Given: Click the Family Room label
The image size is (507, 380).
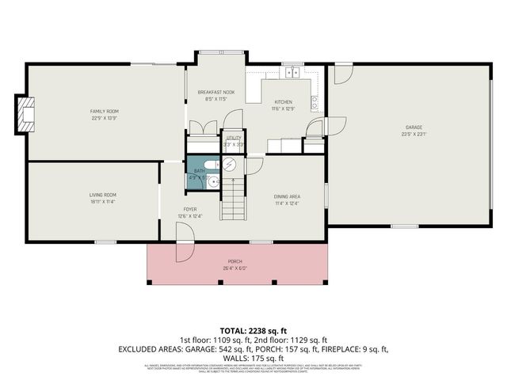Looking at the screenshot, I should pyautogui.click(x=104, y=111).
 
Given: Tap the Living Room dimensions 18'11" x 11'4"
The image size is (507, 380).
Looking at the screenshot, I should pyautogui.click(x=103, y=202).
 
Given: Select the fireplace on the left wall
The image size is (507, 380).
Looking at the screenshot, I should pyautogui.click(x=27, y=116).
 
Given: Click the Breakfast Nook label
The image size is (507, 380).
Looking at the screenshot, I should pyautogui.click(x=212, y=93).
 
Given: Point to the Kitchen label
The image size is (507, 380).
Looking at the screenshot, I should pyautogui.click(x=284, y=102).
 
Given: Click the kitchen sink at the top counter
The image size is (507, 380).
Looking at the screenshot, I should pyautogui.click(x=292, y=74).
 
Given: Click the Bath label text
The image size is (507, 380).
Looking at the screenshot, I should pyautogui.click(x=200, y=171).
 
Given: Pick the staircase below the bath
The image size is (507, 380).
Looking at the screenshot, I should pyautogui.click(x=232, y=199).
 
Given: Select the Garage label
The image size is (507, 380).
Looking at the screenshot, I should pyautogui.click(x=414, y=127).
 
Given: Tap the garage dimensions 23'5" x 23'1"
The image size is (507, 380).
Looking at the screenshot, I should pyautogui.click(x=414, y=134).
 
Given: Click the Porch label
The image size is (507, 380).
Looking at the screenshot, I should pyautogui.click(x=235, y=261).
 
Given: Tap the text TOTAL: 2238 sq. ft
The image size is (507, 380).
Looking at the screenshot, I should pyautogui.click(x=253, y=330).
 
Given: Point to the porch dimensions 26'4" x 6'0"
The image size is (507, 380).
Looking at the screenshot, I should pyautogui.click(x=235, y=268).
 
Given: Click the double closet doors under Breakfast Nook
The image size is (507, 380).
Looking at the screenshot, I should pyautogui.click(x=201, y=128).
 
